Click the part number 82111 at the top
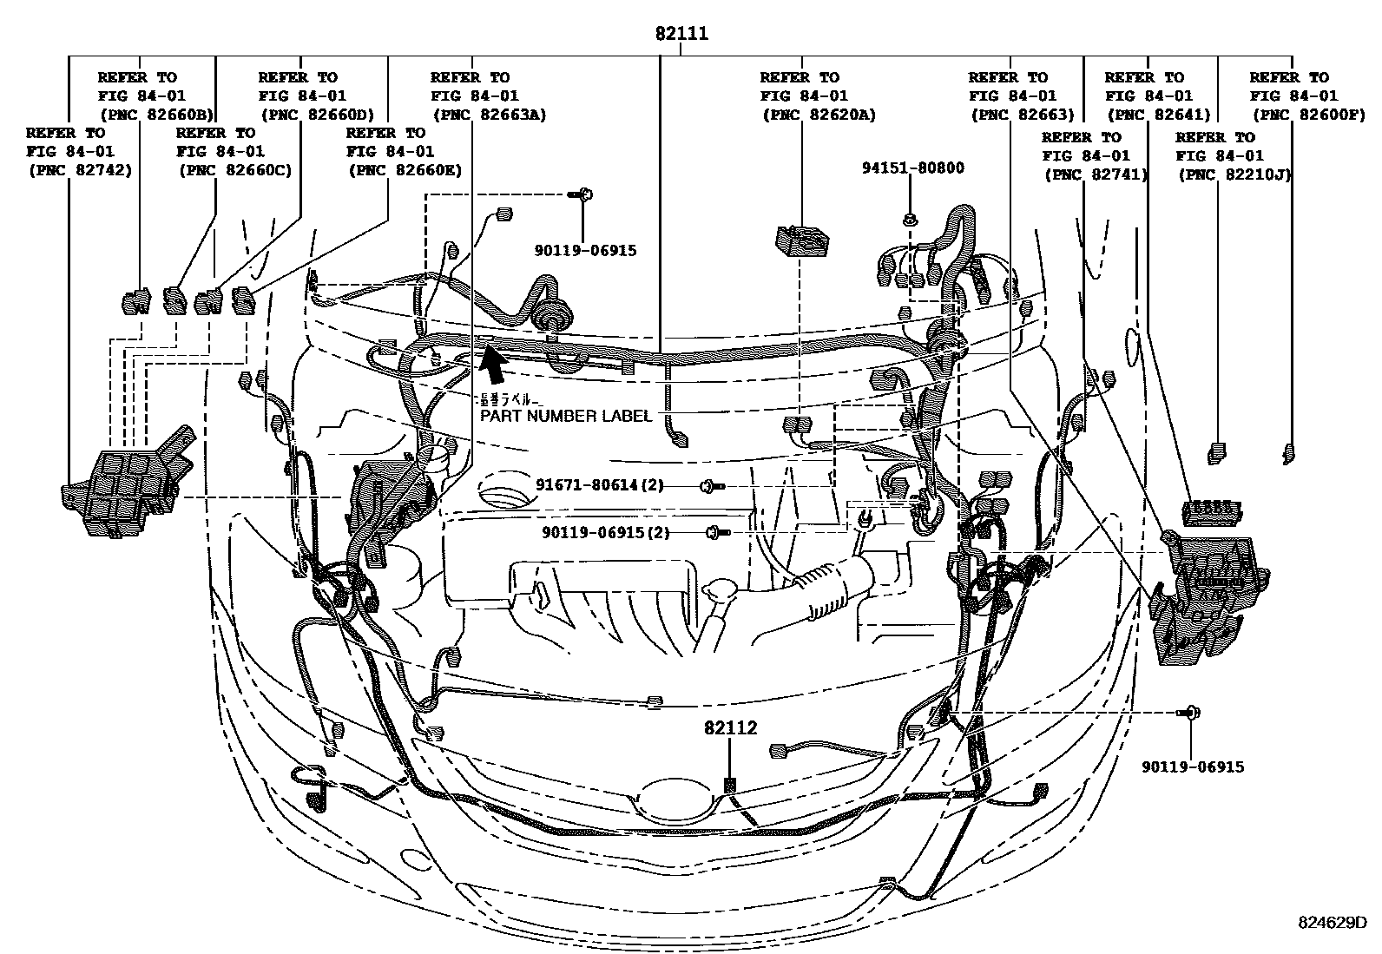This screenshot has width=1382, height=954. point(681,34)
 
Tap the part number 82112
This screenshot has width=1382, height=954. point(730,728)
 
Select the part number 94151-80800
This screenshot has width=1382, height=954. point(912,168)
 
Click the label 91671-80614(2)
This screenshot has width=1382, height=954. point(599,485)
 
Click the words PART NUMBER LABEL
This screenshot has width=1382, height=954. point(566,416)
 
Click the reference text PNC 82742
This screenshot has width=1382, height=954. point(80,170)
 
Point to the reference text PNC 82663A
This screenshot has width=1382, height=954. point(489,115)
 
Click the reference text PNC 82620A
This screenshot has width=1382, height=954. point(819,115)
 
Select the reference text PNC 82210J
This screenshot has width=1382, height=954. point(1234,174)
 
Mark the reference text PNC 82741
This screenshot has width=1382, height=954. point(1096,174)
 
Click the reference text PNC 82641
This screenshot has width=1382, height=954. point(1158,115)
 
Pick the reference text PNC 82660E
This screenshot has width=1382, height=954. point(404,170)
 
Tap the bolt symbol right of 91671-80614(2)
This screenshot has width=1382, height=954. point(713,486)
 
